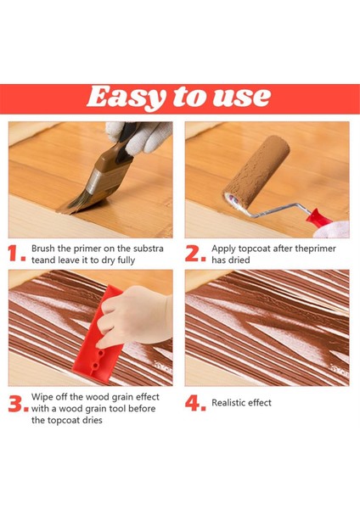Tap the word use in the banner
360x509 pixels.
[x=245, y=96]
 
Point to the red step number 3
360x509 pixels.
[x=17, y=405]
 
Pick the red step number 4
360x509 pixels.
[x=195, y=404]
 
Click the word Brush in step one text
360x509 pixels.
[x=45, y=249]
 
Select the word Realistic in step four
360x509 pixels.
[x=230, y=403]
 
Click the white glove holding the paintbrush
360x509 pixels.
[x=144, y=136]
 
